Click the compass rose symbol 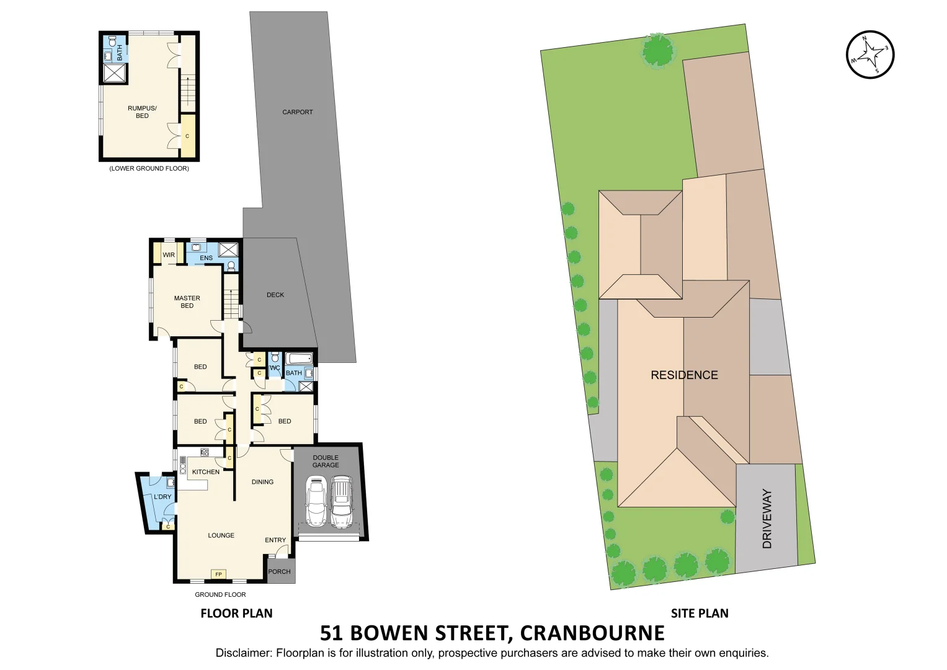click(870, 55)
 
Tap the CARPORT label click(298, 112)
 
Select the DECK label click(275, 295)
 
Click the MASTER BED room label click(187, 302)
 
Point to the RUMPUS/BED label click(142, 112)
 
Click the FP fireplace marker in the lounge click(218, 574)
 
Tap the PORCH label click(279, 572)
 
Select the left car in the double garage click(316, 502)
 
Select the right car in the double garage click(341, 502)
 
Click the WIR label click(169, 255)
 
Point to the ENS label click(206, 258)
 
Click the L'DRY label click(162, 497)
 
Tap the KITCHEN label click(206, 472)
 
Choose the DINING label click(262, 482)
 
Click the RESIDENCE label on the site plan click(684, 375)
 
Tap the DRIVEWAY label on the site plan click(767, 519)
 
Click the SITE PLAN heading click(700, 614)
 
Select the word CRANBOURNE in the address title click(592, 633)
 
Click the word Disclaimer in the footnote click(243, 653)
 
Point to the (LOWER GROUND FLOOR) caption click(149, 169)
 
